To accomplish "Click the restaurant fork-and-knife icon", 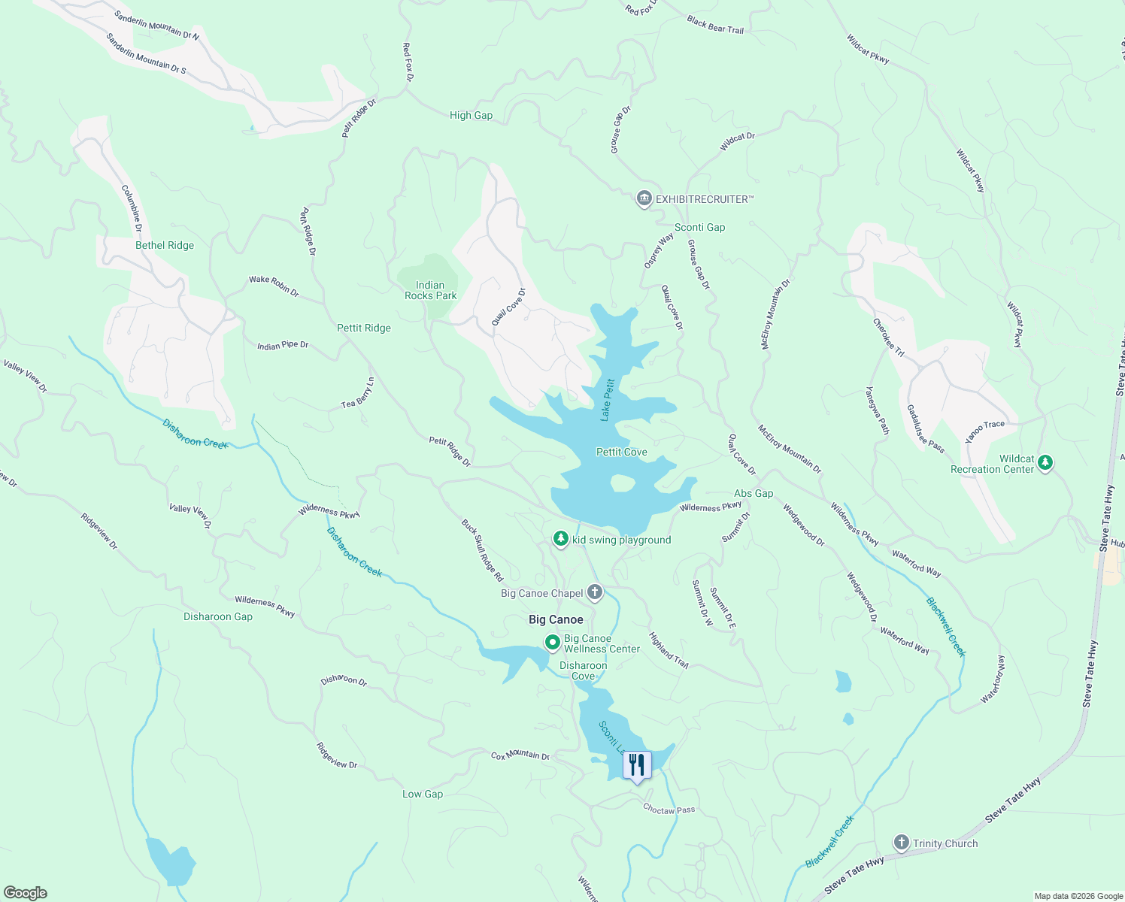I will [x=637, y=765].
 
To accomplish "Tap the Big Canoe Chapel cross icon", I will [x=595, y=592].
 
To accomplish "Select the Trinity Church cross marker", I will [x=902, y=843].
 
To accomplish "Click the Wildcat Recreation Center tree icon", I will [x=1045, y=463].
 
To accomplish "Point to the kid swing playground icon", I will [x=560, y=539].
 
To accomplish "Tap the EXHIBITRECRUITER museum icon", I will [x=644, y=199].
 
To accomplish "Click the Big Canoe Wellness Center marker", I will [x=553, y=643].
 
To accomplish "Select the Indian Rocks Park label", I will [x=430, y=290].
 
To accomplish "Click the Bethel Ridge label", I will [x=165, y=245].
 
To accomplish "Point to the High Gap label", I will [x=471, y=115].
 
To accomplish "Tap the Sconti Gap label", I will [x=699, y=227].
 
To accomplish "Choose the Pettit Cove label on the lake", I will [x=621, y=452].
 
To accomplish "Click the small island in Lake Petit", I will [x=622, y=483].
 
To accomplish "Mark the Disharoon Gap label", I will [x=218, y=616].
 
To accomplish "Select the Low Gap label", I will [x=423, y=794].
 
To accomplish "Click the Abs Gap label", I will [x=754, y=493].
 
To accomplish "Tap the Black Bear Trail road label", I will [x=715, y=25].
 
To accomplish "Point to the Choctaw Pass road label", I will [x=669, y=810].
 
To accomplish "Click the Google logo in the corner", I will [x=25, y=892].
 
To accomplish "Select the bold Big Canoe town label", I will [x=556, y=619].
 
